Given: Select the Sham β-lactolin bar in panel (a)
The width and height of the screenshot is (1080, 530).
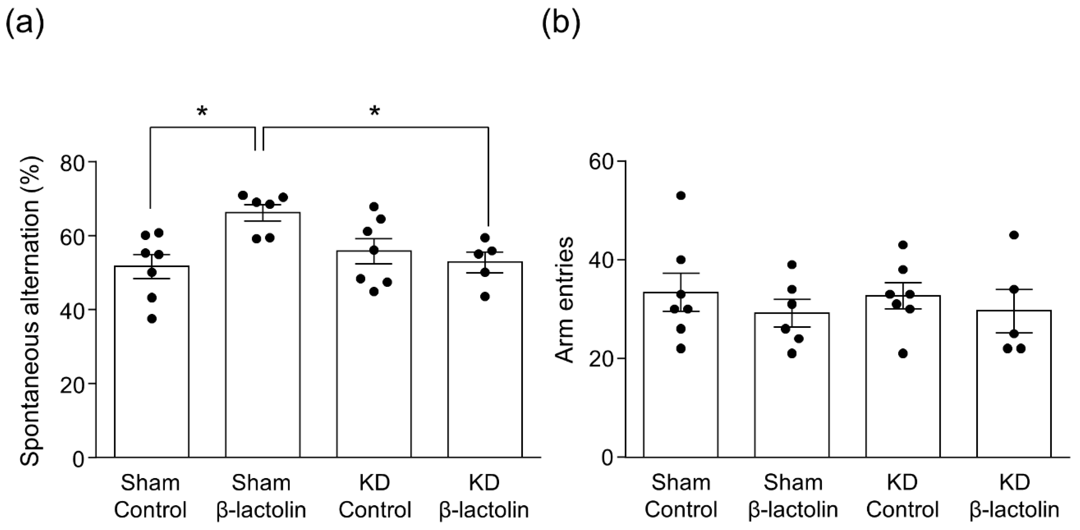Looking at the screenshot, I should [x=263, y=336].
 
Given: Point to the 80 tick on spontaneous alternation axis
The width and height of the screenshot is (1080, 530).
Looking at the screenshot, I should [x=72, y=162].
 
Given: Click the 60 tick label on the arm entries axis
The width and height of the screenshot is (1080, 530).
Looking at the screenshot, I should [x=601, y=162].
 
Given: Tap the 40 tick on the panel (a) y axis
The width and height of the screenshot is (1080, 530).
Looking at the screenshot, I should [x=72, y=310].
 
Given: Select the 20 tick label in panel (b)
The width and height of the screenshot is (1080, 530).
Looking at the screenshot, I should [x=601, y=359].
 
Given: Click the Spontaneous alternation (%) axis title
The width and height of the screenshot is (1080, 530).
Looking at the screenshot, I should [x=30, y=310].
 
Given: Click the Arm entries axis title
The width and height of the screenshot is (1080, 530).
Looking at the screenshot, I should [x=564, y=300].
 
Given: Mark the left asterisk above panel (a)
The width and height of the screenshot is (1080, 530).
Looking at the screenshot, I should [x=202, y=111].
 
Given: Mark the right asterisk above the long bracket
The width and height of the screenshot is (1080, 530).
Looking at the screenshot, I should [x=374, y=111].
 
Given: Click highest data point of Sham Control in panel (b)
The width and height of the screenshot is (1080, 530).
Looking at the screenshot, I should [x=681, y=195].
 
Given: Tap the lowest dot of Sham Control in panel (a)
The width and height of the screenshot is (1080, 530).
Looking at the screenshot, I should [x=152, y=319].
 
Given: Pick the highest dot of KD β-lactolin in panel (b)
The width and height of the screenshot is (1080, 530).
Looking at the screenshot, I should [x=1014, y=235].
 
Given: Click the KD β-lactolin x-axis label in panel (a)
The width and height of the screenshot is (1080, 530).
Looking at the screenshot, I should [x=484, y=497].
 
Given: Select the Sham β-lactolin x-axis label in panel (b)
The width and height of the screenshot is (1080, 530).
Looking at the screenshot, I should [x=793, y=497].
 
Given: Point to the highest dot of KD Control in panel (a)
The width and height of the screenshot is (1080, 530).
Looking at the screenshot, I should [x=374, y=206].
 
